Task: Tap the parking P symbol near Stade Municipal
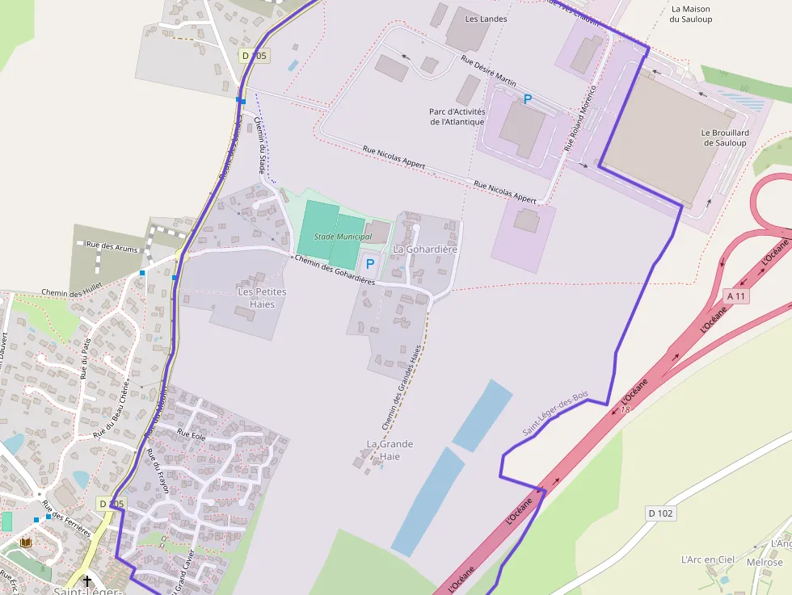(x=370, y=263)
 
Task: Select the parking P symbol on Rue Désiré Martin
(x=528, y=99)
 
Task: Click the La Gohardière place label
(x=425, y=249)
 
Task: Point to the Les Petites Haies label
(x=262, y=297)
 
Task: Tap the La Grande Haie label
(x=390, y=450)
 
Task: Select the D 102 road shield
(x=660, y=513)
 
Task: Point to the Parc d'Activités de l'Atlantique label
(x=457, y=116)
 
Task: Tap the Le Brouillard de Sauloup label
(x=725, y=137)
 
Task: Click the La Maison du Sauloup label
(x=691, y=15)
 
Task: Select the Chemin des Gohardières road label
(x=335, y=270)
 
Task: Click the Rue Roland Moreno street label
(x=579, y=119)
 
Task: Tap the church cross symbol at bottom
(x=87, y=580)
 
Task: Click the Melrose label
(x=765, y=562)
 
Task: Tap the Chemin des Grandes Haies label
(x=402, y=388)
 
